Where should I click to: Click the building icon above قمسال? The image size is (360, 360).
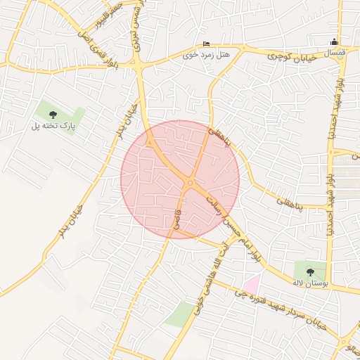(x=333, y=42)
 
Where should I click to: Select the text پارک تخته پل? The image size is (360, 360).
(x=53, y=125)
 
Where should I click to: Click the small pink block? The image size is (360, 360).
(x=251, y=283)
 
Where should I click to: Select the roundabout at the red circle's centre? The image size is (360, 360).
(x=191, y=184)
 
